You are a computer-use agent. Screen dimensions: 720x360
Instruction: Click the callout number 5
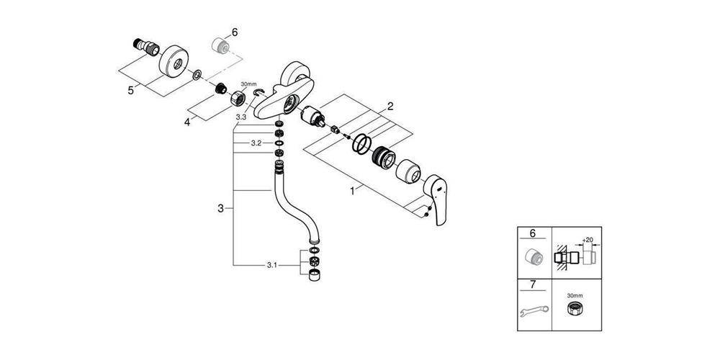[x=131, y=91]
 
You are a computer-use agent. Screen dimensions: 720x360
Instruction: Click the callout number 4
[x=187, y=122]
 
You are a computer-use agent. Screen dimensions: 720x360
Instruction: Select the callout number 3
[x=221, y=209]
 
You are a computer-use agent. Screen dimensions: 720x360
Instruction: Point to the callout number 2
[x=390, y=107]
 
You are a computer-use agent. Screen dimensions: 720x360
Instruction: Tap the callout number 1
[x=353, y=191]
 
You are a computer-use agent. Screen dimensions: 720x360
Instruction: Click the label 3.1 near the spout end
[x=272, y=266]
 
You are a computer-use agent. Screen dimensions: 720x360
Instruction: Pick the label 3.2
[x=256, y=143]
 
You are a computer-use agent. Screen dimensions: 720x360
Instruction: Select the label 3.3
[x=241, y=117]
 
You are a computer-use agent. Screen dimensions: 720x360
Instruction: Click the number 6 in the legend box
[x=533, y=233]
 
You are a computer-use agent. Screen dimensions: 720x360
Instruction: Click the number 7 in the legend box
[x=533, y=284]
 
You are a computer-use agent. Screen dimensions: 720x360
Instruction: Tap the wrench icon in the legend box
[x=533, y=312]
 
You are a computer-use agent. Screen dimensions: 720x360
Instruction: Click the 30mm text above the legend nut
[x=574, y=296]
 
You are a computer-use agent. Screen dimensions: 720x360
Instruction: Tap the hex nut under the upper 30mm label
[x=238, y=97]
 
